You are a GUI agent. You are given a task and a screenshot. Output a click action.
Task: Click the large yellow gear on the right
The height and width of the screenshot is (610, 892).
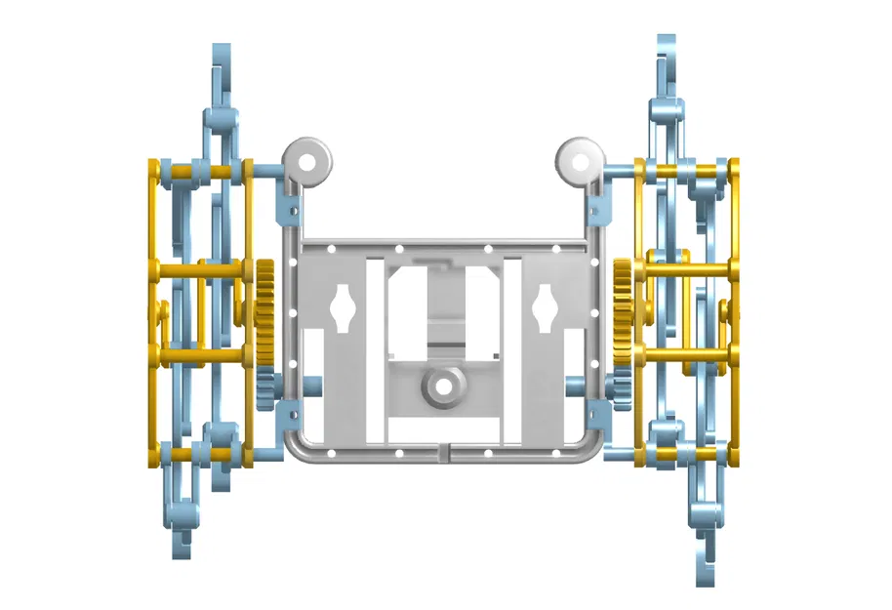pos(625,311)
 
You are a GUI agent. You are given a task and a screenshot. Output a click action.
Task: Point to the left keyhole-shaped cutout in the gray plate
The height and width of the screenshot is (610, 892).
pos(344,309)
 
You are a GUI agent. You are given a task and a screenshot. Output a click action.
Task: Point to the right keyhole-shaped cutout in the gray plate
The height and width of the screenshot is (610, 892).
pos(545,309)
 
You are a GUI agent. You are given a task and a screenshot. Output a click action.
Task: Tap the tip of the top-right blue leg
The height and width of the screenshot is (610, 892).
pos(667,49)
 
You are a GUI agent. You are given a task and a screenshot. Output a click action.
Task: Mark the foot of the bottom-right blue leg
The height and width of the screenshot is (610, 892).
pos(704,571)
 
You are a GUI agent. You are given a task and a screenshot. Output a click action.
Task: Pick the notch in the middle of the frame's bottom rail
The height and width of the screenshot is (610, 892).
pos(444,451)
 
